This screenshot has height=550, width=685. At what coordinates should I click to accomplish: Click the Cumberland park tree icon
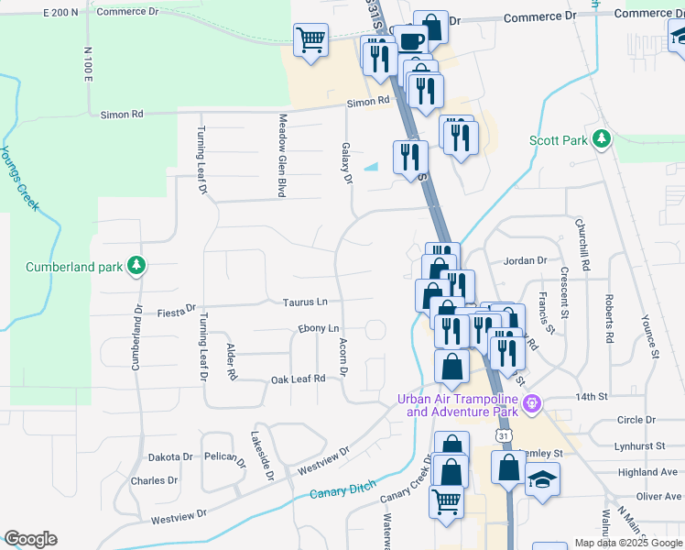[x=136, y=266]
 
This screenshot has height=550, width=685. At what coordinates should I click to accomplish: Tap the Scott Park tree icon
[x=602, y=139]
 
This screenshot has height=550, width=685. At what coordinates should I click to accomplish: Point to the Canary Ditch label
[x=342, y=492]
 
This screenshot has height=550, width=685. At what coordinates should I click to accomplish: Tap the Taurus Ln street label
[x=305, y=302]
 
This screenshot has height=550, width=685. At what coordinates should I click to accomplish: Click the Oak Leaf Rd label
[x=298, y=379]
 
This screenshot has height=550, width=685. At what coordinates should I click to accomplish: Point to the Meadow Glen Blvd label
[x=283, y=155]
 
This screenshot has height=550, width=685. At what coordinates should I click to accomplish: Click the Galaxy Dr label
[x=347, y=162]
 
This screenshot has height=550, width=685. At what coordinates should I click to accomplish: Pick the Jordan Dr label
[x=524, y=260]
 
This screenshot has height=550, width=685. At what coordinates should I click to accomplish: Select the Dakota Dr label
[x=170, y=456]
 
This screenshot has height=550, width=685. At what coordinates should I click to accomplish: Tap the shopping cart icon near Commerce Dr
[x=310, y=40]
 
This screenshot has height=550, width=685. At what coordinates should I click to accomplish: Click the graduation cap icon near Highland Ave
[x=542, y=479]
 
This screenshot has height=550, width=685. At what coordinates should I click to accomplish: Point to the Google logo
[x=30, y=539]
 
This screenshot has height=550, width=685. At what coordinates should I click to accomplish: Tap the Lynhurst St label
[x=640, y=445]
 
